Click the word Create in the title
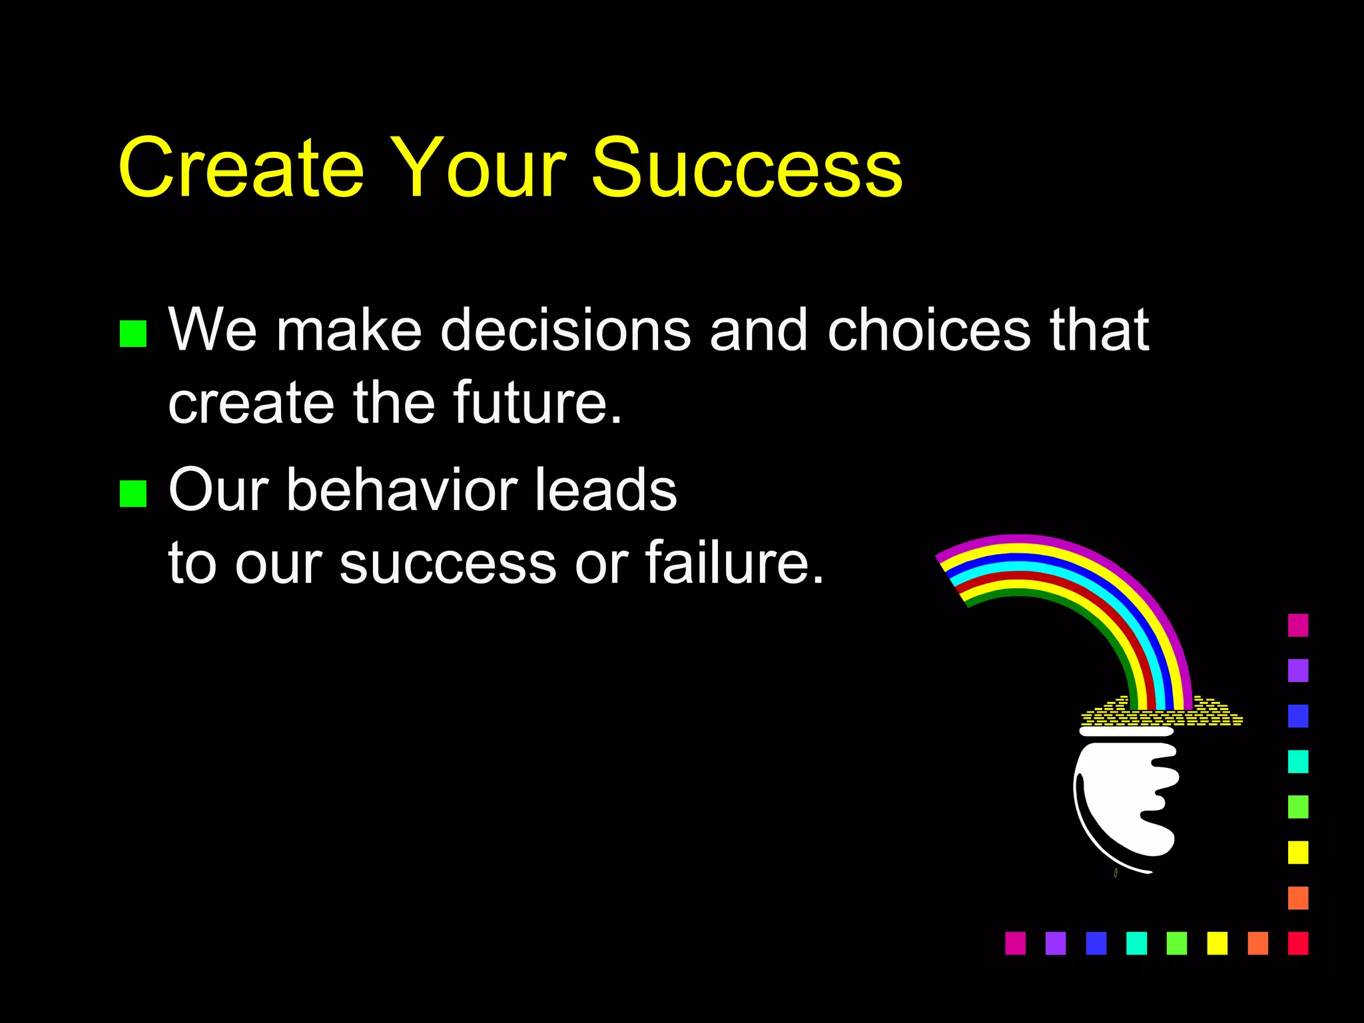coord(241,168)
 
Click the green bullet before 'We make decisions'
coord(133,334)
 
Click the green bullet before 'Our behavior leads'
coord(133,494)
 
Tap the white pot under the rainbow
coord(1126,799)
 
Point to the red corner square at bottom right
coord(1298,943)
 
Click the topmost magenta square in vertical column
coord(1298,625)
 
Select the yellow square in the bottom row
coord(1217,943)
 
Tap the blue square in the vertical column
coord(1298,716)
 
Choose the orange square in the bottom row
coord(1257,943)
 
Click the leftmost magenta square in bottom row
coord(1015,943)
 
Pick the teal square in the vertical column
coord(1298,761)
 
